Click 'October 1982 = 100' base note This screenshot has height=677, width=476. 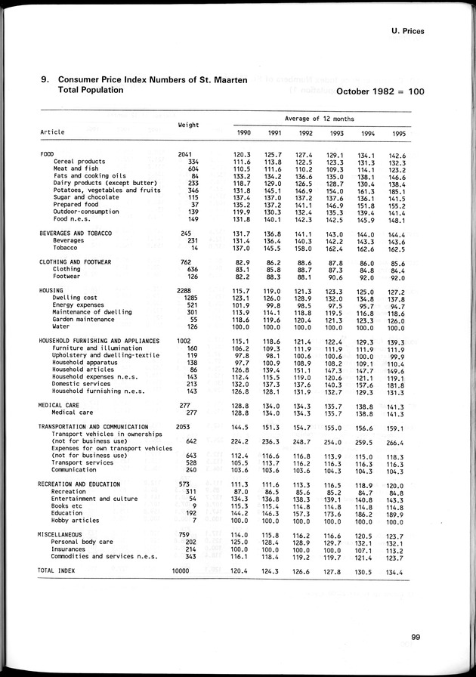coord(379,91)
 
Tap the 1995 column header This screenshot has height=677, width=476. coord(397,133)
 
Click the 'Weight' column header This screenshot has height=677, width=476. coord(188,125)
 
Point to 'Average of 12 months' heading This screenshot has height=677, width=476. coord(320,119)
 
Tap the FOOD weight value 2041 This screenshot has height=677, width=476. coord(185,154)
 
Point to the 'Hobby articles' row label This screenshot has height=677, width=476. coord(76,521)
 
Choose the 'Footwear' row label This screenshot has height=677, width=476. coord(68,276)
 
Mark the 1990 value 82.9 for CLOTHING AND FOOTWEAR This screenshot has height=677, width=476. coord(242,261)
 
